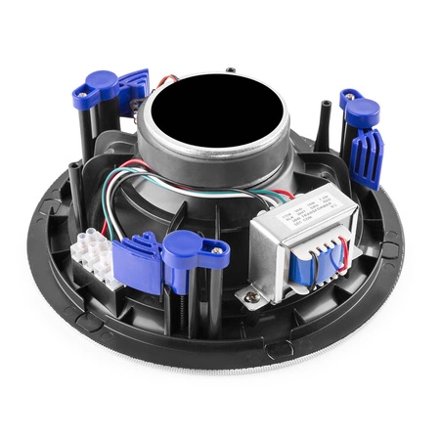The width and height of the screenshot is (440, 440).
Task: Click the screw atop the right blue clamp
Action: click(x=349, y=95)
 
